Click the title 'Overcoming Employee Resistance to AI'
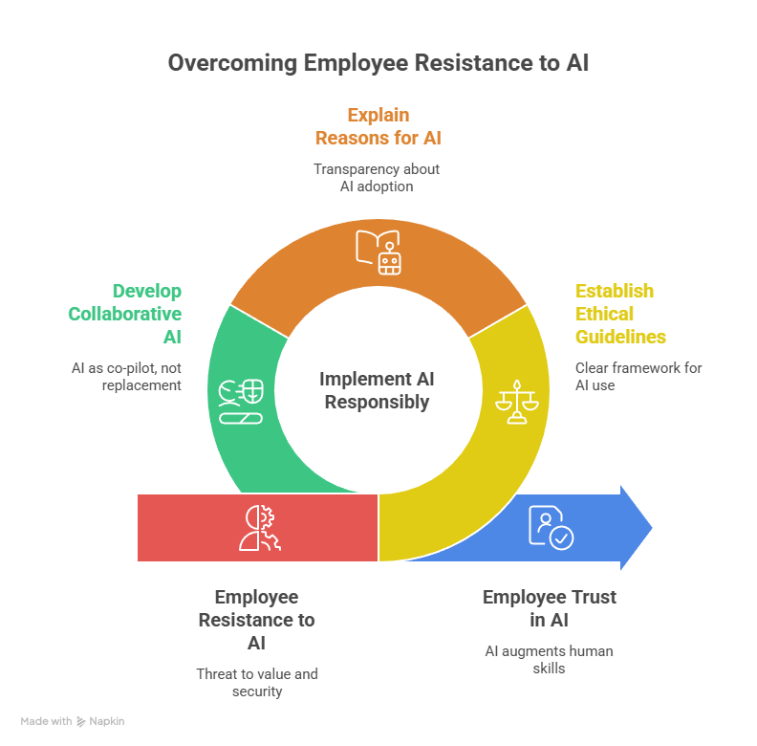(378, 64)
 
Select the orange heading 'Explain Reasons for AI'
(378, 126)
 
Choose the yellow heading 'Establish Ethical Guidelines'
(619, 314)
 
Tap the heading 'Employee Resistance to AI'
(256, 620)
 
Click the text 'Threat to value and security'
(256, 682)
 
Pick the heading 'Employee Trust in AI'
(549, 608)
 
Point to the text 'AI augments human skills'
(549, 660)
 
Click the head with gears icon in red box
(260, 528)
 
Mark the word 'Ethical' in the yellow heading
(604, 314)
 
